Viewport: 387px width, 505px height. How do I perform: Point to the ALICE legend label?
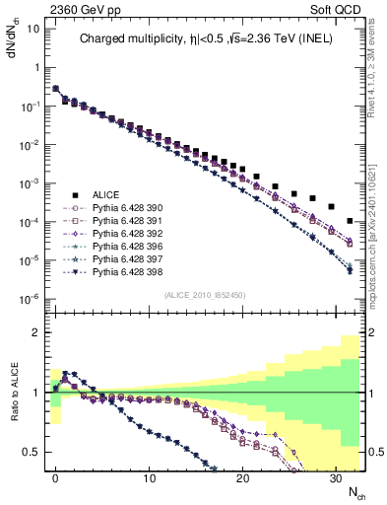[106, 195]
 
